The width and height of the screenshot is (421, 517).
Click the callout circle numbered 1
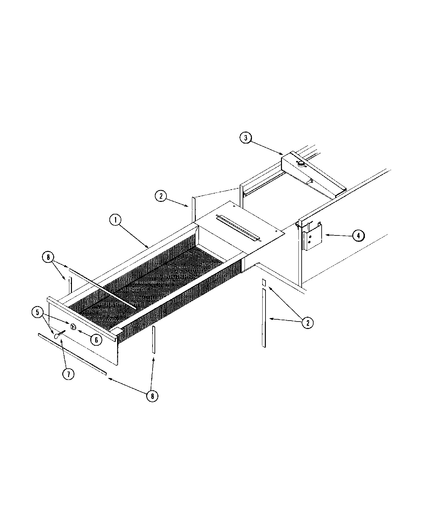[x=115, y=220]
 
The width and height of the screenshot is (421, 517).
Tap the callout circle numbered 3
[x=246, y=138]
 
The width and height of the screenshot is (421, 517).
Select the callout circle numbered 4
[x=358, y=235]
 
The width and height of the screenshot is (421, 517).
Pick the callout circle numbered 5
[x=37, y=313]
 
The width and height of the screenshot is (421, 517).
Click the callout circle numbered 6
[x=96, y=340]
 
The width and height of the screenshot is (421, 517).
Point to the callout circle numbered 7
[x=68, y=374]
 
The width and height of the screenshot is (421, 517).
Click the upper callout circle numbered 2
[x=161, y=196]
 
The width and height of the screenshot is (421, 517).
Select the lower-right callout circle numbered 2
[x=307, y=322]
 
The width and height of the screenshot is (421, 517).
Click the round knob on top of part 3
[x=301, y=164]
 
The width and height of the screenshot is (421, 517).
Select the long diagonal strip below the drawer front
[x=72, y=354]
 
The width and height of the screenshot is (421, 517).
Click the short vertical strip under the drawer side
[x=154, y=340]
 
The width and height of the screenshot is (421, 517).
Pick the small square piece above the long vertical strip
[x=264, y=283]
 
